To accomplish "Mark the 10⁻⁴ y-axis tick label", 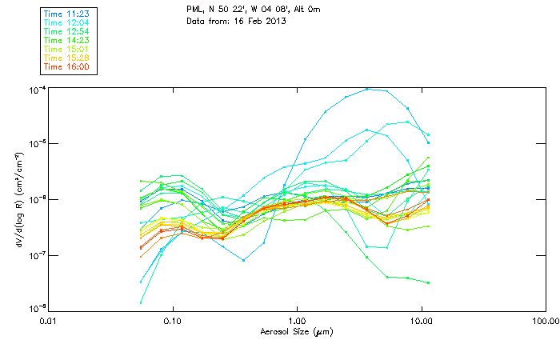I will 38,89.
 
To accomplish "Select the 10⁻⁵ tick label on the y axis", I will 38,144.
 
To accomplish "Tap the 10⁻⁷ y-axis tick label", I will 38,255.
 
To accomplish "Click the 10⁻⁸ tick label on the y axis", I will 38,309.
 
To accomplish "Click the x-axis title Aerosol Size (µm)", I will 296,331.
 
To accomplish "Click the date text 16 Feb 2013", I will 261,20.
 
